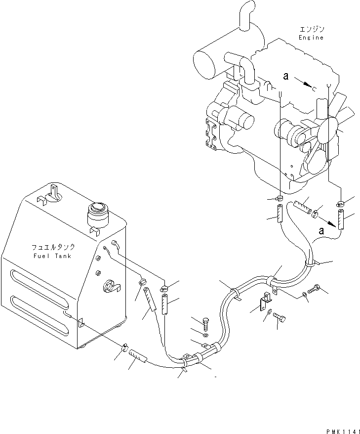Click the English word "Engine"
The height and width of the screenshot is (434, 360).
point(311,38)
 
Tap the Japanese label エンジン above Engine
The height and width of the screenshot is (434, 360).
point(311,29)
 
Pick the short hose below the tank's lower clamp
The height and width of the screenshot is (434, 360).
point(138,356)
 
